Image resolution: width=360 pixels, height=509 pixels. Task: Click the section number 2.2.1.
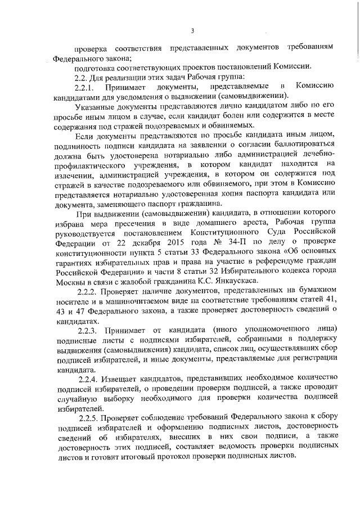87,87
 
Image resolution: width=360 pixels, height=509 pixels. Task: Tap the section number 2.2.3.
89,328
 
